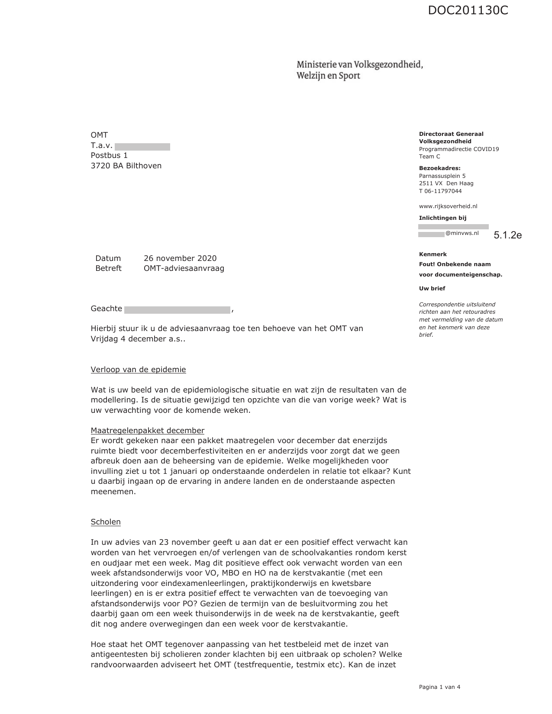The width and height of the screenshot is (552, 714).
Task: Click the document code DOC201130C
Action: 468,10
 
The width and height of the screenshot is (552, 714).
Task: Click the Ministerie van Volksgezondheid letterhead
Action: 359,70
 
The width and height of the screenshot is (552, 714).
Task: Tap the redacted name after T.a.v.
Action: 142,147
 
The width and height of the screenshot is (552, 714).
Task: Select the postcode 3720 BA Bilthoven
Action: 126,166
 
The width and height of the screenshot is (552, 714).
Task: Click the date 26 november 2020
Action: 180,258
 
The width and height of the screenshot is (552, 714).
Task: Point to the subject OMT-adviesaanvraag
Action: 184,268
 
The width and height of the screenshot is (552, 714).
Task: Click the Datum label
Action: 108,258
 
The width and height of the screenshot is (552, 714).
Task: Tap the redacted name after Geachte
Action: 177,309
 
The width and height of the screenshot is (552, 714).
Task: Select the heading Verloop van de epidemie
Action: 138,370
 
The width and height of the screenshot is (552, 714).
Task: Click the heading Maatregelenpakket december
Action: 147,431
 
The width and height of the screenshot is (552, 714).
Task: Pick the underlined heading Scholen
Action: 106,522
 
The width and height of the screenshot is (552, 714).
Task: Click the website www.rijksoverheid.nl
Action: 448,206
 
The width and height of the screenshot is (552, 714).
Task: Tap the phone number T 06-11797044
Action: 440,191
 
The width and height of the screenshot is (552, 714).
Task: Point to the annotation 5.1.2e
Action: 507,235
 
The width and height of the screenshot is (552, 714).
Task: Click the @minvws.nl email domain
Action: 462,233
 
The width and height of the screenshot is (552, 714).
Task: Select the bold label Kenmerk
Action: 433,254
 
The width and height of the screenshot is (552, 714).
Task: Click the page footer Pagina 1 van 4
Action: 439,687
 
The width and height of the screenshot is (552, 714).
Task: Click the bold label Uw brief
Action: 432,289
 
